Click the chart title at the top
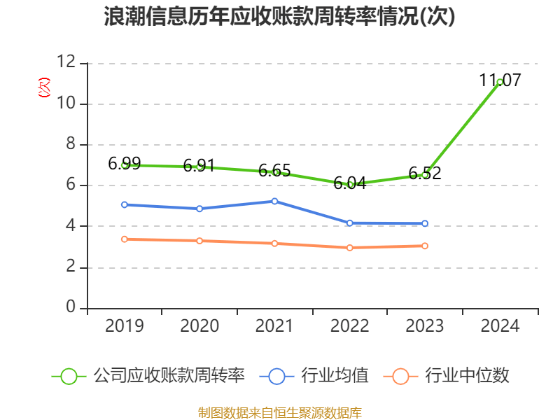279,17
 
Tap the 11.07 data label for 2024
500,80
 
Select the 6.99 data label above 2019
125,164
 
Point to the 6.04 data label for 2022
350,183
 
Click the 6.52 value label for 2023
425,173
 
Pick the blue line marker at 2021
274,201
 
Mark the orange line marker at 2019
125,239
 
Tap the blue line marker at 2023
425,223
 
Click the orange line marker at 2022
350,248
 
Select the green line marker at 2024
499,83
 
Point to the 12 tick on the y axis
66,63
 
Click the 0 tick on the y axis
71,308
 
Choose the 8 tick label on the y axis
71,145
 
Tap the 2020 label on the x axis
199,325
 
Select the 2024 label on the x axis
500,325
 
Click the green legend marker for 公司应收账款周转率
69,376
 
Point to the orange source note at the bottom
280,412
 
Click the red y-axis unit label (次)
44,87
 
